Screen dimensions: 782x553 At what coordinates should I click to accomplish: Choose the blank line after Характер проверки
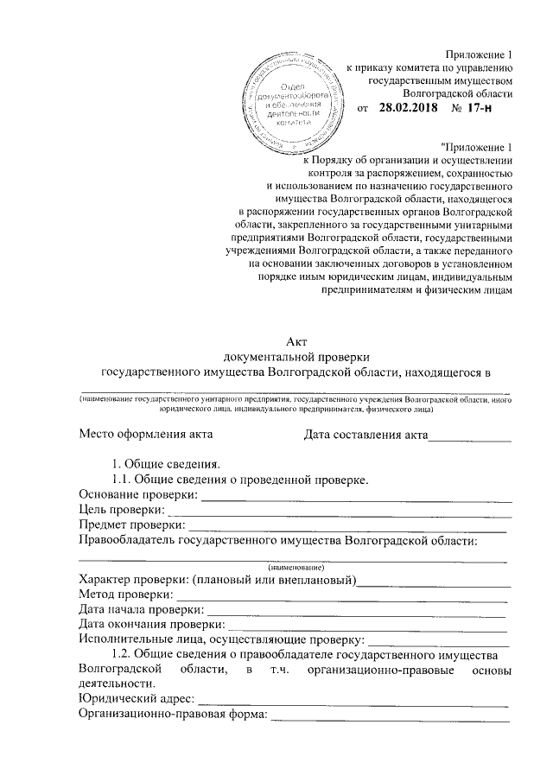[x=434, y=582]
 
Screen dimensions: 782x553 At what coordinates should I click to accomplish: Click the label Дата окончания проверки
[x=150, y=625]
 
